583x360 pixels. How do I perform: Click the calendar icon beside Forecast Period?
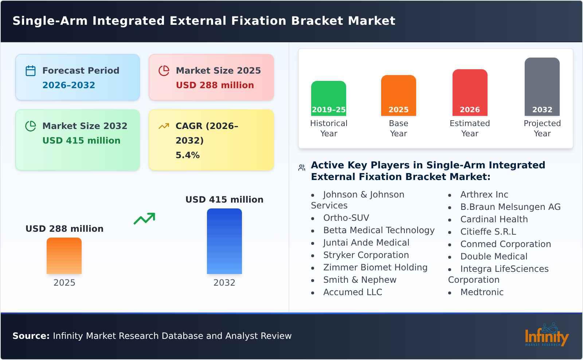(31, 71)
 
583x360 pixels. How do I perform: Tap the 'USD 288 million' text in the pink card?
(215, 85)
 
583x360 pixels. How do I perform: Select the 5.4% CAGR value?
(187, 155)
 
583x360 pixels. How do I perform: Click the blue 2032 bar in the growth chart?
(224, 241)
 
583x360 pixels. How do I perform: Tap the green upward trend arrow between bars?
(144, 219)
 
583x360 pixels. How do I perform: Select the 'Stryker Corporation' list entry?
(366, 255)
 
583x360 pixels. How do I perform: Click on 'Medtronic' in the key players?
(482, 292)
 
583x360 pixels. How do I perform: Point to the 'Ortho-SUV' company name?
(346, 218)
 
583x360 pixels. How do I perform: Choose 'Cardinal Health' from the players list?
(494, 219)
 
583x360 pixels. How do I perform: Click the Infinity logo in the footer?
(546, 335)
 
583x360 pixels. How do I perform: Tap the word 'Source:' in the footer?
(31, 336)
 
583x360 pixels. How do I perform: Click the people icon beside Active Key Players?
(302, 168)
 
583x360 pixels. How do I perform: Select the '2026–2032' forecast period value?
(69, 85)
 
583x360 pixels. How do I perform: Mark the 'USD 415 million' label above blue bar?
(224, 200)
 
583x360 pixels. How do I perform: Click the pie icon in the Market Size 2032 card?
(31, 126)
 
